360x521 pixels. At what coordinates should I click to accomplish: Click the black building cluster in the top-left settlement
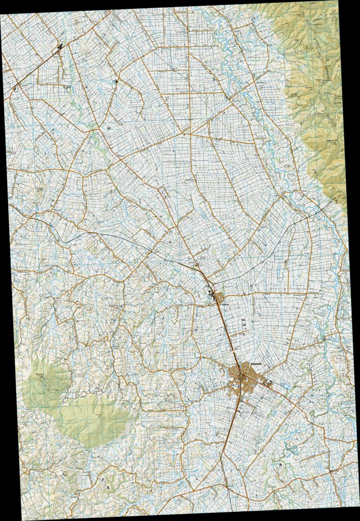coord(60,48)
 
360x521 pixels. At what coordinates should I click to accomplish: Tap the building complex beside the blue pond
coord(270,383)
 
